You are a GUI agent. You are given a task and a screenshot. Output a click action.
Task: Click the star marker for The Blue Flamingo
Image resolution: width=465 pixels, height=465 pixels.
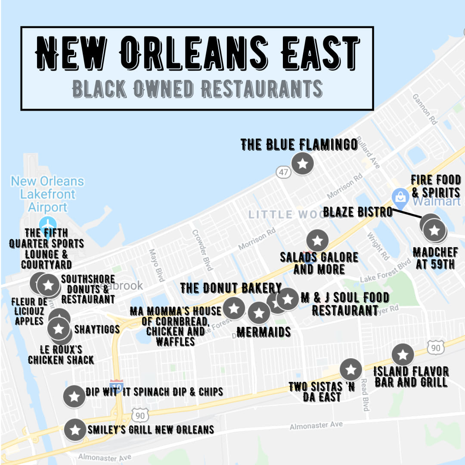tap(303, 163)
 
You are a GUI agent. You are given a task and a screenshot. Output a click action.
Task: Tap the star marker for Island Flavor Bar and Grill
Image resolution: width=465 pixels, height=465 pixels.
tap(403, 355)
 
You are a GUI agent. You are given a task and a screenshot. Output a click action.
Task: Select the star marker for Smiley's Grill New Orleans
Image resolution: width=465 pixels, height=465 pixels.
tap(75, 430)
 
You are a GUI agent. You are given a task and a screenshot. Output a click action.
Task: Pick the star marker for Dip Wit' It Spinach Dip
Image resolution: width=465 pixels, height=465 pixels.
tap(74, 396)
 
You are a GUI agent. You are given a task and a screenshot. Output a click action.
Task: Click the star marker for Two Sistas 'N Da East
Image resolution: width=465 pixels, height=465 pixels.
tap(351, 369)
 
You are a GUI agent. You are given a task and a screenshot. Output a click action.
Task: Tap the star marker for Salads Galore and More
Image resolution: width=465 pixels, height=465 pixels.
tap(318, 241)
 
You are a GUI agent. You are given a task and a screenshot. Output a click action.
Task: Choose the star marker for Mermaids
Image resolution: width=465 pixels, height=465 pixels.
tap(259, 313)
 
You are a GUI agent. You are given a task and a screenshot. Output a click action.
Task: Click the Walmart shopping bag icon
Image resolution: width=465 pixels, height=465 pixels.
tap(401, 197)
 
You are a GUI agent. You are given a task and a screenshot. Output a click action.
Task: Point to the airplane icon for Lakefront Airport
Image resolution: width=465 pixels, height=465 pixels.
tap(47, 224)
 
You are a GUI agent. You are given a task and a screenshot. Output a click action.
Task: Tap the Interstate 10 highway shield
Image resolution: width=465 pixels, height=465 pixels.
tap(117, 384)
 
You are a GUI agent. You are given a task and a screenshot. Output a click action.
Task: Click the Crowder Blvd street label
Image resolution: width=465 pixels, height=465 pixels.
tap(203, 250)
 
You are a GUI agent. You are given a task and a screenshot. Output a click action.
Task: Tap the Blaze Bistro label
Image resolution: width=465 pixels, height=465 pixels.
tap(358, 212)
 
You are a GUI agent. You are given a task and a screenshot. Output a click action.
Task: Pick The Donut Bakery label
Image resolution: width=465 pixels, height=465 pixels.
tap(231, 288)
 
